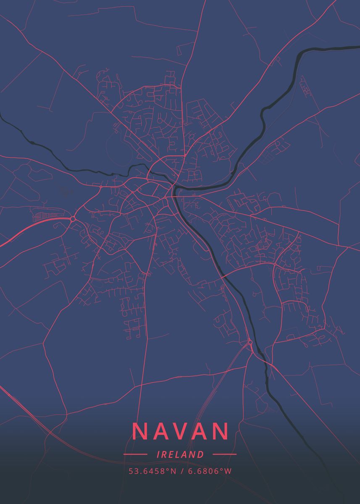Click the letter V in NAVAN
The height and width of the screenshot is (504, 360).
coord(181,431)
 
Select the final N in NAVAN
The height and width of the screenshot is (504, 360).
coord(221,431)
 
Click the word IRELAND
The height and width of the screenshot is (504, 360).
coord(180,454)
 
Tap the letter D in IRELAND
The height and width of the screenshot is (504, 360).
coord(201,454)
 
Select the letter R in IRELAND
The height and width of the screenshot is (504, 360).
coord(164,454)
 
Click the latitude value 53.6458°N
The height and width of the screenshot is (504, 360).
coord(152,471)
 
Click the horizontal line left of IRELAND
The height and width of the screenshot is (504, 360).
coord(135,454)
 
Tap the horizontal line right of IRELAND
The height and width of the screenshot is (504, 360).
coord(225,454)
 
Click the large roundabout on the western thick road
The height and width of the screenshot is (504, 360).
coord(73,219)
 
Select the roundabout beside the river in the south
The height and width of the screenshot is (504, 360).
coord(250,342)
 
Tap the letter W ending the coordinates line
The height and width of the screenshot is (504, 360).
coord(228,471)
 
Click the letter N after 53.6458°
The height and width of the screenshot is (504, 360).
coord(173,471)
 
